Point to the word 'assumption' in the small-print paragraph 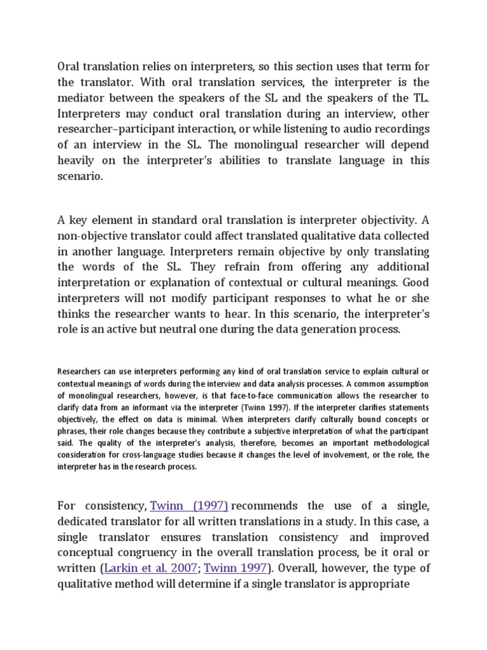[406, 384]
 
